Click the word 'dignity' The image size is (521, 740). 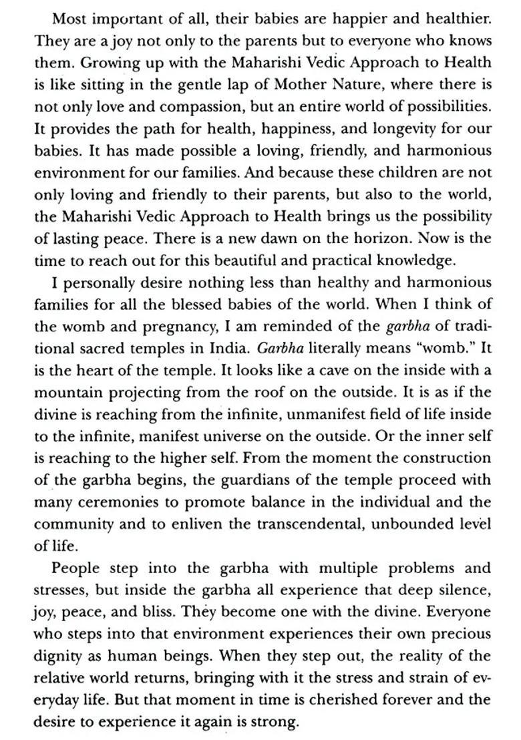coord(60,656)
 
